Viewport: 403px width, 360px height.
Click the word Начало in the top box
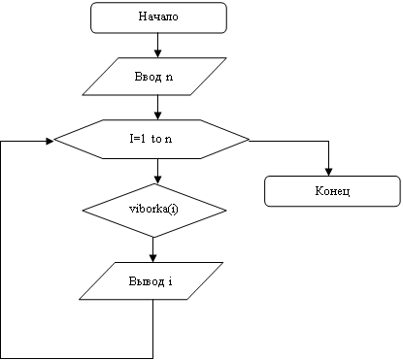(x=158, y=16)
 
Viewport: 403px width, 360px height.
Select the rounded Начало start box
(x=158, y=17)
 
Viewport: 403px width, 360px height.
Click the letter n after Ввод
(x=169, y=78)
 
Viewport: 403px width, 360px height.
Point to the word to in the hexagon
(x=156, y=139)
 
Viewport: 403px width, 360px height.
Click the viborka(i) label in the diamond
(x=153, y=209)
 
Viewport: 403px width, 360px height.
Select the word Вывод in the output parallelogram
(x=147, y=280)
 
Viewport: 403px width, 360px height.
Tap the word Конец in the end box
(x=332, y=191)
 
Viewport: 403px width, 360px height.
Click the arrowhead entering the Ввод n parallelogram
(x=157, y=53)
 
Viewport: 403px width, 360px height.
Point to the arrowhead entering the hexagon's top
(x=157, y=115)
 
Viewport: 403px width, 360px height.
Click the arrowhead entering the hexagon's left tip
(x=50, y=141)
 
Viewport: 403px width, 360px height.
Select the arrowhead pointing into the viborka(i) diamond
(x=157, y=180)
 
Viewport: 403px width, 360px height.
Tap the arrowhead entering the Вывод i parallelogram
(x=152, y=258)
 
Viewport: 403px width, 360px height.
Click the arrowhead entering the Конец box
(x=328, y=172)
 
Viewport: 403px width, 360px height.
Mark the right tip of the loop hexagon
(x=250, y=140)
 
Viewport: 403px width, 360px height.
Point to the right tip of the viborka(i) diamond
(x=226, y=211)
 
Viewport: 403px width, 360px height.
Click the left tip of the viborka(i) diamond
(x=83, y=211)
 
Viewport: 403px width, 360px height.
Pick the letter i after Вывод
(x=170, y=281)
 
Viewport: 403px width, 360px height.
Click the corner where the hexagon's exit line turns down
(x=328, y=141)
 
